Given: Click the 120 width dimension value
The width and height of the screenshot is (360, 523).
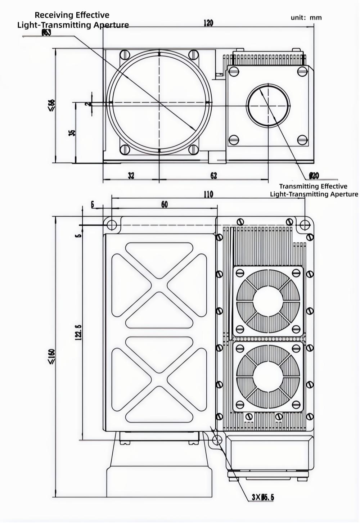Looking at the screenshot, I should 208,23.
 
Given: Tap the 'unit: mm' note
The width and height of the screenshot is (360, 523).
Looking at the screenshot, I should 306,17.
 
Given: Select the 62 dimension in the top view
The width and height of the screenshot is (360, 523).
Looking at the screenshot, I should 213,175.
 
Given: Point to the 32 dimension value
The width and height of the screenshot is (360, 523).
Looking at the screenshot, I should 131,175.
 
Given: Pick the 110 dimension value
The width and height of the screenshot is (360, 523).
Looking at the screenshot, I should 208,194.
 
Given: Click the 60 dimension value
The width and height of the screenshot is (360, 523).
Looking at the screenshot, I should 164,204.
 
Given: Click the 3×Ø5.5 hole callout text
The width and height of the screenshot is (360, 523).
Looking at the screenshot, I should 262,497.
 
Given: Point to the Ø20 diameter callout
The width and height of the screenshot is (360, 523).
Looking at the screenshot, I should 314,176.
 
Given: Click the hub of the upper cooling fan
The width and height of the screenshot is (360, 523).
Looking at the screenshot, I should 268,301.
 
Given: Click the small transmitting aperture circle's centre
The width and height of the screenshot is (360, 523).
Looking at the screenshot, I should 268,105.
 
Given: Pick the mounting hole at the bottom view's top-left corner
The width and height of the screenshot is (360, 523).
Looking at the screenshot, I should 112,225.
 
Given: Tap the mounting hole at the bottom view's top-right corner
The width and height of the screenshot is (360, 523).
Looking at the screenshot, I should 305,225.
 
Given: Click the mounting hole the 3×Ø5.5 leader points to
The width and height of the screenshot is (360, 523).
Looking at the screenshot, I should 217,440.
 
